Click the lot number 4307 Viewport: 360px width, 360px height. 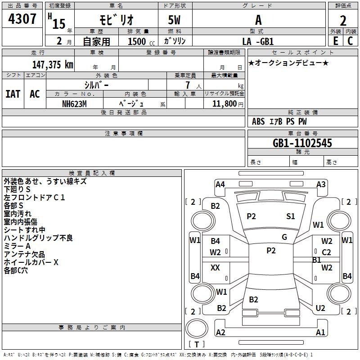pyautogui.click(x=22, y=19)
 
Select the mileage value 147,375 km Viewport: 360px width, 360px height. pyautogui.click(x=53, y=64)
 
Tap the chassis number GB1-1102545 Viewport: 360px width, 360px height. pyautogui.click(x=302, y=143)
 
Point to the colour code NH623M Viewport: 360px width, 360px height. pyautogui.click(x=74, y=103)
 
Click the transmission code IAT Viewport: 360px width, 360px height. pyautogui.click(x=13, y=94)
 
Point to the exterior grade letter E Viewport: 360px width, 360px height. pyautogui.click(x=335, y=41)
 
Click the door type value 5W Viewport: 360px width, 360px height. pyautogui.click(x=175, y=20)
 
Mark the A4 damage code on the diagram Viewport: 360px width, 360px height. pyautogui.click(x=220, y=184)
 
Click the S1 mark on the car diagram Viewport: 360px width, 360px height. pyautogui.click(x=291, y=216)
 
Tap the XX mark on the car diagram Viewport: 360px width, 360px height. pyautogui.click(x=216, y=268)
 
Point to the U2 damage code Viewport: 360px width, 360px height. pyautogui.click(x=320, y=308)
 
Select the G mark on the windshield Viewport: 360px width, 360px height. pyautogui.click(x=284, y=237)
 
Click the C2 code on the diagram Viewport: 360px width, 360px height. pyautogui.click(x=327, y=252)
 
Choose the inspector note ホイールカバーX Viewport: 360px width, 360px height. pyautogui.click(x=31, y=262)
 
